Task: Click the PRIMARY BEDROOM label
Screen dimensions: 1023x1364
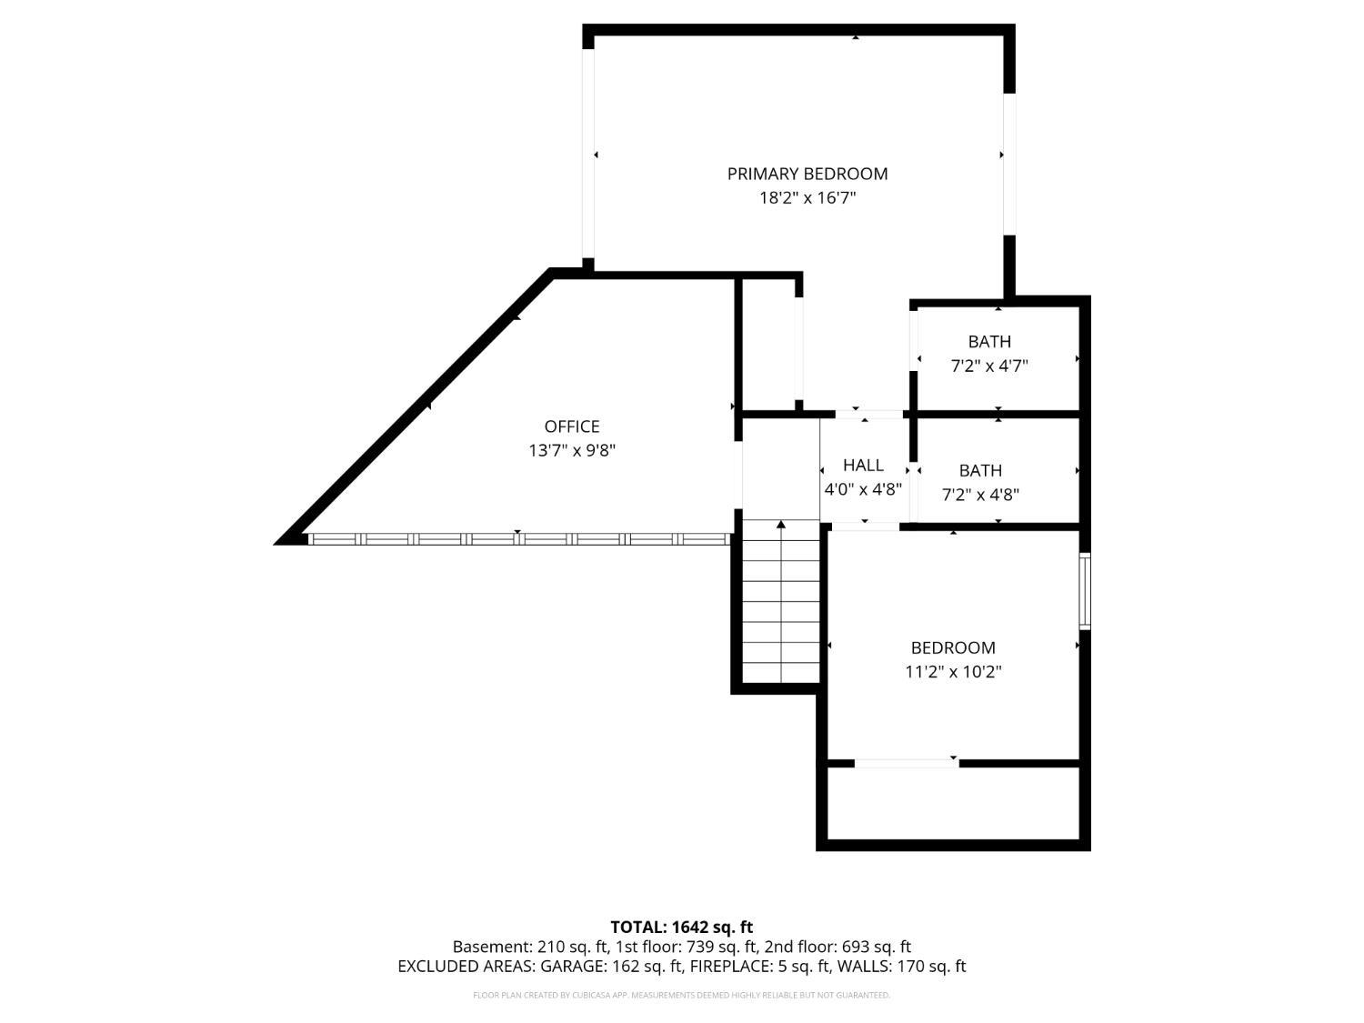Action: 807,174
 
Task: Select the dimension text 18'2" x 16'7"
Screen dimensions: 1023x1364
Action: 807,197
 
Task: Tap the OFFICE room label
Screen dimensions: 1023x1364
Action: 571,426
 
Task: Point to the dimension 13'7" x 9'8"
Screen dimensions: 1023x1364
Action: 571,450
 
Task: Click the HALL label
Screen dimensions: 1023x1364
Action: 862,466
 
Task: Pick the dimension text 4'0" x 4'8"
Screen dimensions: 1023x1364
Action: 862,489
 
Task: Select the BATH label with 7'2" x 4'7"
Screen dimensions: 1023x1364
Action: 988,342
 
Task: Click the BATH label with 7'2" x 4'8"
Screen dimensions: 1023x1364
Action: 980,471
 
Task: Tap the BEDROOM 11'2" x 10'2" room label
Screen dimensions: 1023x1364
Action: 952,648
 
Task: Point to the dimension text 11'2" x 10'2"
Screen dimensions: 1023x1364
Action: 952,672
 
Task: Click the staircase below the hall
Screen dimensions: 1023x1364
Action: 780,609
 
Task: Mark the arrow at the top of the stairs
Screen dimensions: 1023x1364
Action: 780,525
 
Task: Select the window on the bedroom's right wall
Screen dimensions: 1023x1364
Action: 1084,591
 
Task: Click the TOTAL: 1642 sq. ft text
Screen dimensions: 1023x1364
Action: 681,928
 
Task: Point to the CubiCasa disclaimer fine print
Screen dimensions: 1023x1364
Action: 681,995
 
